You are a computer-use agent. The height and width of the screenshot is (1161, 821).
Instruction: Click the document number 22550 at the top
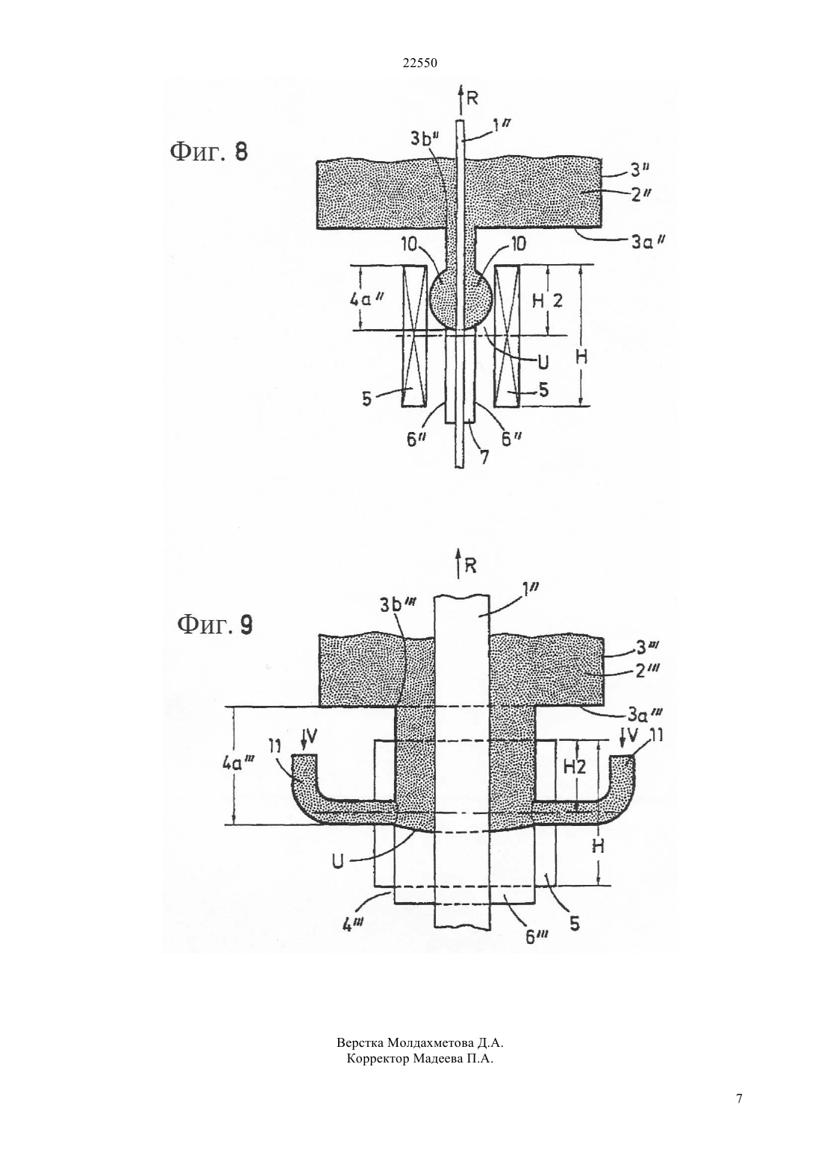point(419,63)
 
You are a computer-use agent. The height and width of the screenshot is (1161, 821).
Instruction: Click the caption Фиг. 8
point(209,152)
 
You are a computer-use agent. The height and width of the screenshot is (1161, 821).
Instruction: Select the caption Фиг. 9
point(215,625)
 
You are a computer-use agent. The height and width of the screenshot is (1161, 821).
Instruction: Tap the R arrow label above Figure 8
point(472,98)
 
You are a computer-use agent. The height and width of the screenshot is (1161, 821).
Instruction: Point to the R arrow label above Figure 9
point(470,566)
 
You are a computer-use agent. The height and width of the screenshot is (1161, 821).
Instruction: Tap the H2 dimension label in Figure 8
point(547,300)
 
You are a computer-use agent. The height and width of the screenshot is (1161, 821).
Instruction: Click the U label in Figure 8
point(543,363)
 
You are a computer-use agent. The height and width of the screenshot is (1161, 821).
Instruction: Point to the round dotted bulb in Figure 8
point(461,300)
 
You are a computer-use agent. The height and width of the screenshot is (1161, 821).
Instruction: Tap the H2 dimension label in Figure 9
point(574,766)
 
